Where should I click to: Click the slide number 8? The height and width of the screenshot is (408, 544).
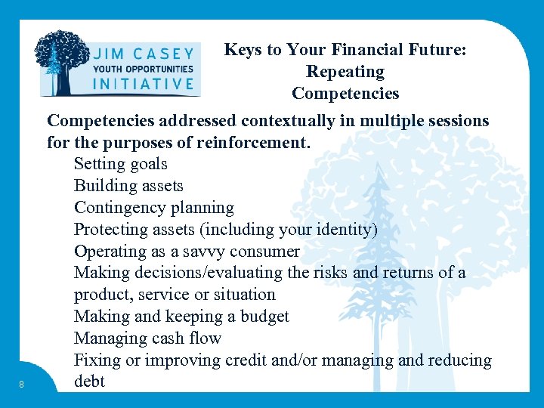pos(22,385)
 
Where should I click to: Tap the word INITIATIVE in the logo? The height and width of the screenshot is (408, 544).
pos(143,84)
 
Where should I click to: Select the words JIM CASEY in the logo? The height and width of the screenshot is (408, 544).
pos(143,54)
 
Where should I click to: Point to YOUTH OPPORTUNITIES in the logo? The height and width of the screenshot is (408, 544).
pos(143,69)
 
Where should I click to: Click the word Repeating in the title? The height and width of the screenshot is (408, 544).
pos(345,72)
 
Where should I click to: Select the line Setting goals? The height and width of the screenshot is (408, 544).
pos(120,164)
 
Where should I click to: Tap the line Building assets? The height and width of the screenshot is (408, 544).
pos(128,186)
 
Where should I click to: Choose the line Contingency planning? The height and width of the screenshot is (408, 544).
pos(153,208)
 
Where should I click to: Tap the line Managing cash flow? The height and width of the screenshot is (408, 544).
pos(147,338)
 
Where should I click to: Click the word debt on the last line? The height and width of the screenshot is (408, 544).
pos(89,382)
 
